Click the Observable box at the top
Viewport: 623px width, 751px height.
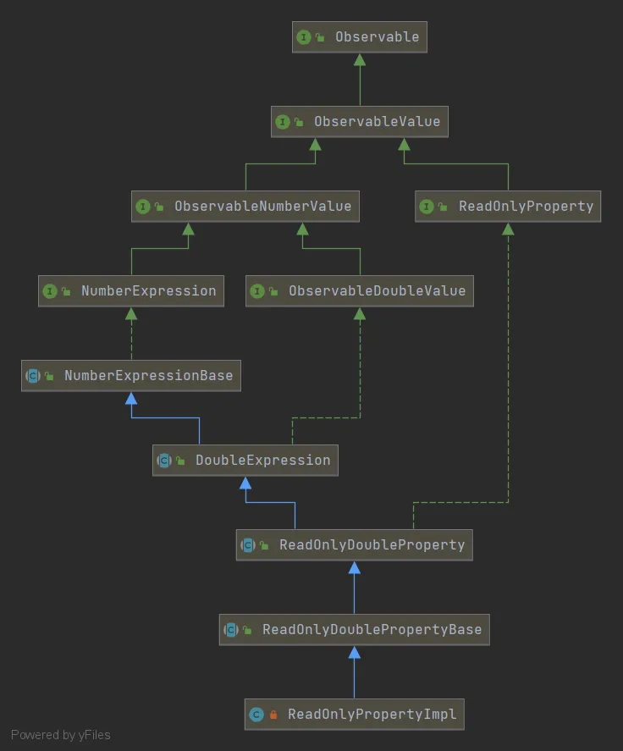pyautogui.click(x=359, y=37)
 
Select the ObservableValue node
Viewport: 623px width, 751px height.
pyautogui.click(x=359, y=122)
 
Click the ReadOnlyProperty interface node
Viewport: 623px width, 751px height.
pyautogui.click(x=508, y=207)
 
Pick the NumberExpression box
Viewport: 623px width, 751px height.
pyautogui.click(x=131, y=291)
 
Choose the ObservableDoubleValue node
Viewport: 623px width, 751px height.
pyautogui.click(x=360, y=291)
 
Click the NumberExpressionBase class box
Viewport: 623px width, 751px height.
pyautogui.click(x=131, y=376)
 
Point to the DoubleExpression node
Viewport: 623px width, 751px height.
pyautogui.click(x=245, y=461)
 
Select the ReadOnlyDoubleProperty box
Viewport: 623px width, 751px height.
pyautogui.click(x=354, y=545)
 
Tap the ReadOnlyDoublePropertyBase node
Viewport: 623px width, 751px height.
pyautogui.click(x=354, y=630)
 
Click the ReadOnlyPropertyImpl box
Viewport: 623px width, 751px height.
pyautogui.click(x=354, y=715)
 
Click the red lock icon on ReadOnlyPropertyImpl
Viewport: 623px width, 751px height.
pyautogui.click(x=273, y=715)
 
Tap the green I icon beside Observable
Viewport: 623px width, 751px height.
pyautogui.click(x=304, y=37)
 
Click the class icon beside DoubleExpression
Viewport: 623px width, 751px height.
pyautogui.click(x=164, y=461)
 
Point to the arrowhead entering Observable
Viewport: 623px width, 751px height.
pyautogui.click(x=360, y=60)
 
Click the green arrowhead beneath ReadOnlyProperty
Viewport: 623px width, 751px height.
pyautogui.click(x=508, y=229)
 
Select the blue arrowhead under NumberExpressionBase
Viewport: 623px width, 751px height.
pyautogui.click(x=131, y=399)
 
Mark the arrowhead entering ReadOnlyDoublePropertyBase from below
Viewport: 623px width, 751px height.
pyautogui.click(x=354, y=653)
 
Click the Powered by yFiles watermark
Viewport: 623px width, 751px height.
pyautogui.click(x=61, y=735)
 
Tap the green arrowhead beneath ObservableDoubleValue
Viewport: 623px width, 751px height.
pyautogui.click(x=360, y=314)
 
